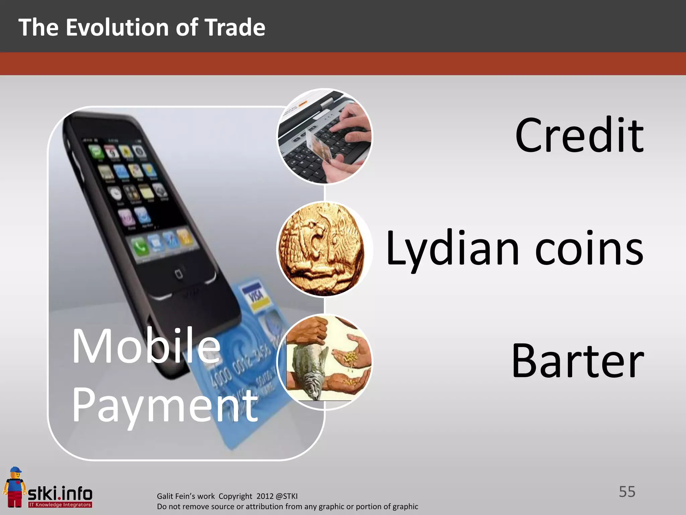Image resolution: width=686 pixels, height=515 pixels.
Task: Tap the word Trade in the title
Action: coord(234,27)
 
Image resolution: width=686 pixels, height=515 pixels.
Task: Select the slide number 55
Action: coord(627,492)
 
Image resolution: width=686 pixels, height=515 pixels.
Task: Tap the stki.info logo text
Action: coord(60,494)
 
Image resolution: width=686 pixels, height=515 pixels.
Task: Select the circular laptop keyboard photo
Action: coord(324,136)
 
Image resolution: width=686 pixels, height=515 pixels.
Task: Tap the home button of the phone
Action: coord(179,274)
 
